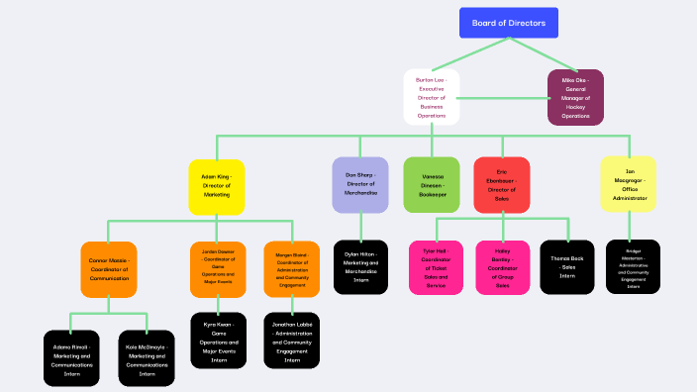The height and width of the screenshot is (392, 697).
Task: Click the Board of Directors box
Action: pyautogui.click(x=509, y=23)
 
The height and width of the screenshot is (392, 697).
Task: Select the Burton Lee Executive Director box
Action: pyautogui.click(x=432, y=97)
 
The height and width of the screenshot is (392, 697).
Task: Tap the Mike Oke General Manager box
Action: pyautogui.click(x=575, y=97)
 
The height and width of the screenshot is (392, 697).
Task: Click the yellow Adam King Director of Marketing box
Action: pyautogui.click(x=216, y=186)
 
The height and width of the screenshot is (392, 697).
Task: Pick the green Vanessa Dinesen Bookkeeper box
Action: pyautogui.click(x=432, y=185)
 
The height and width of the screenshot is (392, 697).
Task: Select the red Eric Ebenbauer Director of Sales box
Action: pyautogui.click(x=502, y=185)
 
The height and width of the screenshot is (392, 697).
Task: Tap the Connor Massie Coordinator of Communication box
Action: pyautogui.click(x=108, y=268)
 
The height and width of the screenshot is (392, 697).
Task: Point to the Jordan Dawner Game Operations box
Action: pyautogui.click(x=218, y=268)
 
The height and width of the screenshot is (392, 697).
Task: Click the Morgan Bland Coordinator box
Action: pyautogui.click(x=292, y=268)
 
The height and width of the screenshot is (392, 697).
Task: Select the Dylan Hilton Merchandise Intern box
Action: pyautogui.click(x=360, y=267)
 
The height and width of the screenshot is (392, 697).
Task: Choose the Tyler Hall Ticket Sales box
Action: pyautogui.click(x=436, y=267)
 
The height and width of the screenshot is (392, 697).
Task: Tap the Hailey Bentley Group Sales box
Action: pyautogui.click(x=503, y=267)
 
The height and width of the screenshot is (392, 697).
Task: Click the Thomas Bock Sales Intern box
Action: pyautogui.click(x=567, y=267)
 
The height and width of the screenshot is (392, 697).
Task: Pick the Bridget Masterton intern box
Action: pyautogui.click(x=633, y=267)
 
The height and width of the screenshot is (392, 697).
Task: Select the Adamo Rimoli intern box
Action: pyautogui.click(x=71, y=358)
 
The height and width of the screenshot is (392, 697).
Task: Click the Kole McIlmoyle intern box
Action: pyautogui.click(x=147, y=358)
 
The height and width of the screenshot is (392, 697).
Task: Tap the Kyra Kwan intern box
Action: pyautogui.click(x=218, y=341)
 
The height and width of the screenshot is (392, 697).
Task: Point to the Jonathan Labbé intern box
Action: pyautogui.click(x=292, y=341)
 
